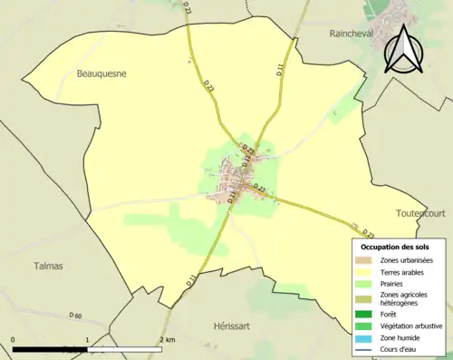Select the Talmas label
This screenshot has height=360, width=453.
(x=47, y=266)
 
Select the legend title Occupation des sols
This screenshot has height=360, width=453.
(x=397, y=247)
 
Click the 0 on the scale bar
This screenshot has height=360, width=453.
(x=14, y=340)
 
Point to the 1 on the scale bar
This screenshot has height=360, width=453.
(x=87, y=340)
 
